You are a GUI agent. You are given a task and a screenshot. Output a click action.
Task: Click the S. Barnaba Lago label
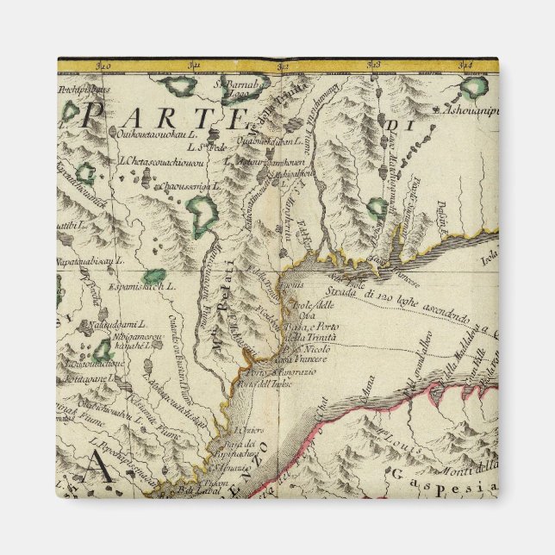pos(230,89)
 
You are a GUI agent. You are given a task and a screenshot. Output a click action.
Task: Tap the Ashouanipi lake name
pos(467,111)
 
